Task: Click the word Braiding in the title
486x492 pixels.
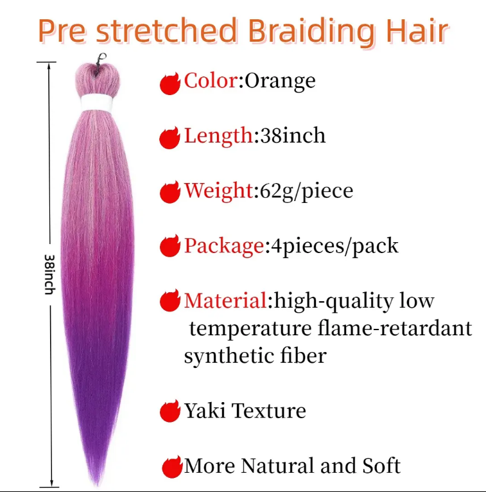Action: tap(311, 32)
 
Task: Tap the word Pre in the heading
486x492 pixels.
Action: tap(62, 31)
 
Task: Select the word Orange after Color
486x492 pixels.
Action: tap(280, 82)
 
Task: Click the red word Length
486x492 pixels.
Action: tap(218, 136)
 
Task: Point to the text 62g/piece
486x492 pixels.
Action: tap(306, 191)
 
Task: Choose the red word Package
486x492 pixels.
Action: tap(224, 246)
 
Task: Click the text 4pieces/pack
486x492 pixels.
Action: tap(334, 246)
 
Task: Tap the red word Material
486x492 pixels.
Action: tap(225, 301)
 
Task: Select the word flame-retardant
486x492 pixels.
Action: tap(395, 328)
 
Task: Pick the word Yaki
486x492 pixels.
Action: tap(204, 410)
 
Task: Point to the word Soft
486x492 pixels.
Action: tap(381, 466)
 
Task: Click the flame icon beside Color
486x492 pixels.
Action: tap(169, 83)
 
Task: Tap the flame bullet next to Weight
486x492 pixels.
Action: tap(170, 192)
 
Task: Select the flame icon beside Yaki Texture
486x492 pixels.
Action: tap(170, 411)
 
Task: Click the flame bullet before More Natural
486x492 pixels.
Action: tap(172, 467)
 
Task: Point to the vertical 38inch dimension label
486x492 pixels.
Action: tap(49, 274)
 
